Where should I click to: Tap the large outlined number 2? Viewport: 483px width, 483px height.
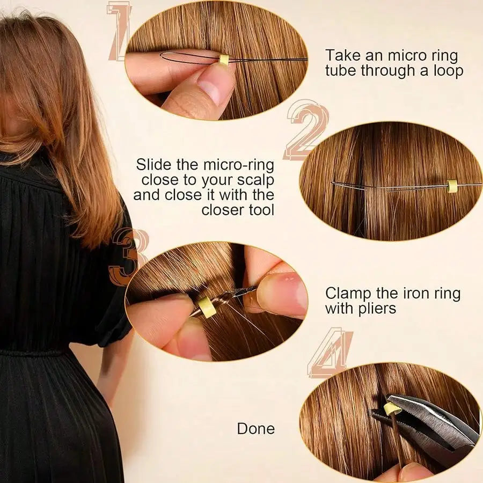(x=306, y=131)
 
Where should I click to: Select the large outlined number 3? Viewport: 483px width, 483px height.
(x=128, y=257)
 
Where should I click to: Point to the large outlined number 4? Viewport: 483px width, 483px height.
(x=331, y=353)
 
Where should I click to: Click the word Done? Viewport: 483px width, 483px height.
(x=255, y=428)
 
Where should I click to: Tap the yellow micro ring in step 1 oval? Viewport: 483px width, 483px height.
(x=224, y=60)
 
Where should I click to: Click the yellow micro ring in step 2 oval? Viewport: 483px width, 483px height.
(x=452, y=186)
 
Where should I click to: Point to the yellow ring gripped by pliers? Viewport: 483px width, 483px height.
(x=392, y=409)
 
